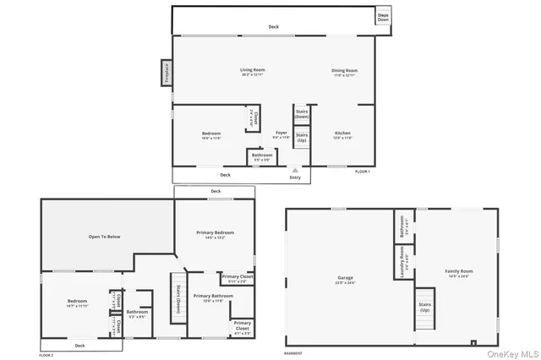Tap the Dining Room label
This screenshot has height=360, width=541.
pyautogui.click(x=344, y=71)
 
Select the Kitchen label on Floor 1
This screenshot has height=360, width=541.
pyautogui.click(x=342, y=134)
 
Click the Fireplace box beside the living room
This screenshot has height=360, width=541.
pyautogui.click(x=167, y=72)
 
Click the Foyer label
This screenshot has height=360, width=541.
pyautogui.click(x=281, y=134)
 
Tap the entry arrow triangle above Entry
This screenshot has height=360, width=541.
pyautogui.click(x=295, y=169)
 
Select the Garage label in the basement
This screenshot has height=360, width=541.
pyautogui.click(x=345, y=276)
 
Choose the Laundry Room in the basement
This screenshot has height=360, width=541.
pyautogui.click(x=402, y=262)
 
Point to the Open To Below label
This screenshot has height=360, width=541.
pyautogui.click(x=105, y=237)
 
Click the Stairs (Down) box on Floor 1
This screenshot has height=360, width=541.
pyautogui.click(x=301, y=114)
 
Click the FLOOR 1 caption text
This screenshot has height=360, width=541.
pyautogui.click(x=362, y=172)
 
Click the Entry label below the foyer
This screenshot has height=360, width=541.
pyautogui.click(x=295, y=177)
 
